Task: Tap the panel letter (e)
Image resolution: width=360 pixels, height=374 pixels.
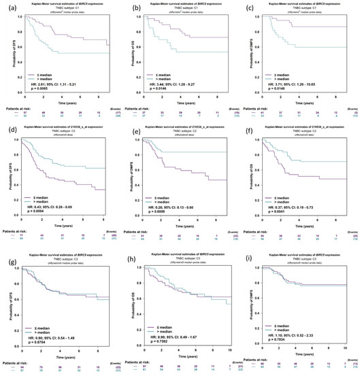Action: [x=127, y=131]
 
